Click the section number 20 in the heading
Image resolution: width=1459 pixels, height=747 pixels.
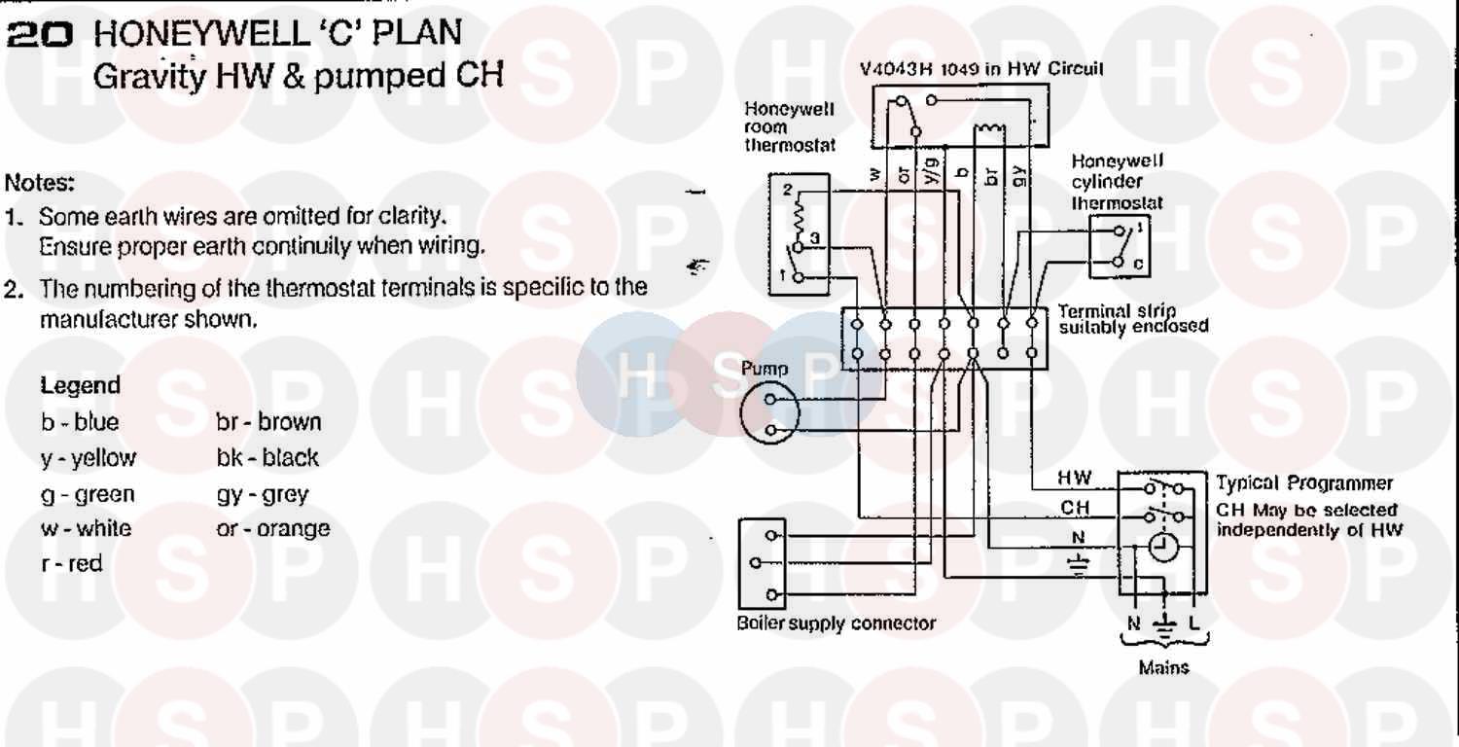click(39, 35)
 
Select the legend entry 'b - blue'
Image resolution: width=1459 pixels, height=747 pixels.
click(80, 423)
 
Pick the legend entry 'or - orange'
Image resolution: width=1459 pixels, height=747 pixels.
click(273, 529)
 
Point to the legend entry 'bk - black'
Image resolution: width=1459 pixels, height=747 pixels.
click(267, 458)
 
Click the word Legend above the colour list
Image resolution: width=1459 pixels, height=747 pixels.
click(81, 385)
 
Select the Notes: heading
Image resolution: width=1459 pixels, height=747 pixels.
click(40, 182)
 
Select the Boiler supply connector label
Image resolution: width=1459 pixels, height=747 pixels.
click(836, 623)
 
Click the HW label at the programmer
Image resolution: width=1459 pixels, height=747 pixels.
click(1075, 479)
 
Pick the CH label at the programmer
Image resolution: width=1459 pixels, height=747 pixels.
click(1075, 508)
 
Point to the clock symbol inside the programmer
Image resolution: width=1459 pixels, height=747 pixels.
click(1162, 549)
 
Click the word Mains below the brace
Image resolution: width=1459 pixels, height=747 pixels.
click(1163, 668)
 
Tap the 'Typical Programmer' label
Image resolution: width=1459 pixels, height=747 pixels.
click(1304, 483)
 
